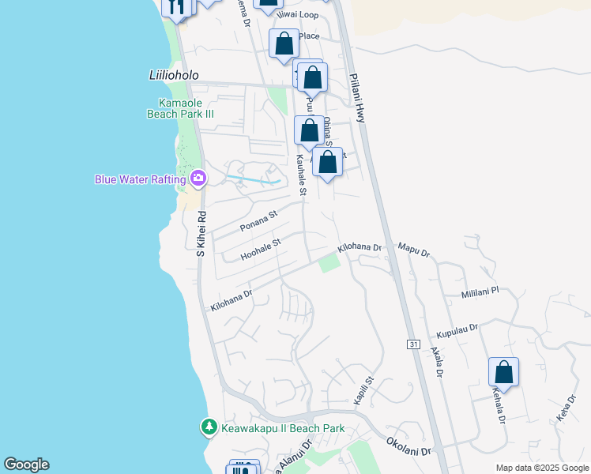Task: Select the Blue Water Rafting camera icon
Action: pos(198,179)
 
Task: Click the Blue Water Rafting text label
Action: pos(140,179)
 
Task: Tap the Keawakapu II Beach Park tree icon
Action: pos(209,427)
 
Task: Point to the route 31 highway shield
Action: pos(413,344)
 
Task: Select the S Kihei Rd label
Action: pos(201,233)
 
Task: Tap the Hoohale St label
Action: pos(262,250)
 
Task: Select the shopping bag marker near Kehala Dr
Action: pos(503,372)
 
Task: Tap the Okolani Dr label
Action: pos(409,446)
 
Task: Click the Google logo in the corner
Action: pos(26,465)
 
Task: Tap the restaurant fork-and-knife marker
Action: pos(176,6)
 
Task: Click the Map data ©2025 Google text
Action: pos(541,468)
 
